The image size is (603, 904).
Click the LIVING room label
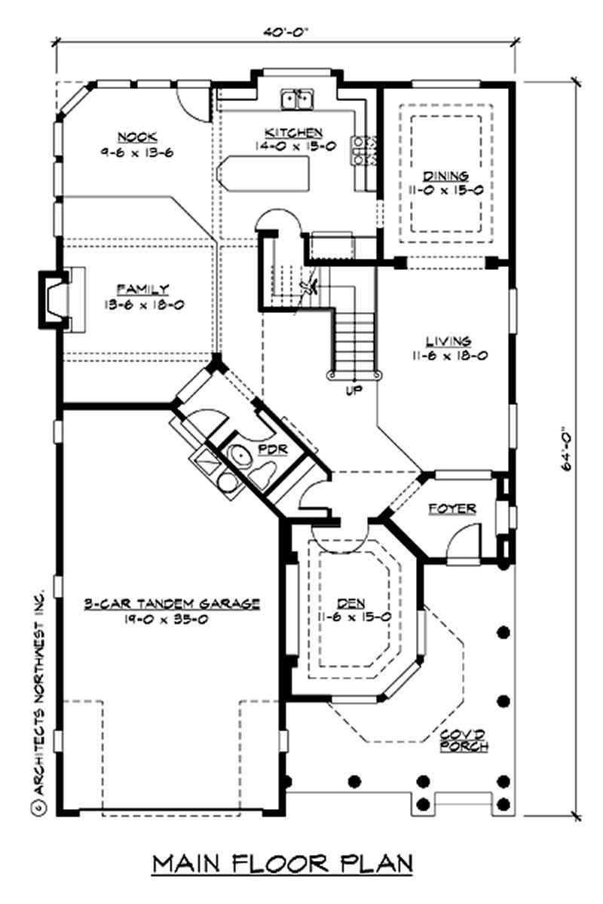[446, 341]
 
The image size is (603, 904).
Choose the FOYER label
[452, 509]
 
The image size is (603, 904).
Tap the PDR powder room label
[270, 449]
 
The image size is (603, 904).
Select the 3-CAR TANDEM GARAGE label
[172, 603]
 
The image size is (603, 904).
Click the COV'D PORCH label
[464, 739]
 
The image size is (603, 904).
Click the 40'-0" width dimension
[286, 32]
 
